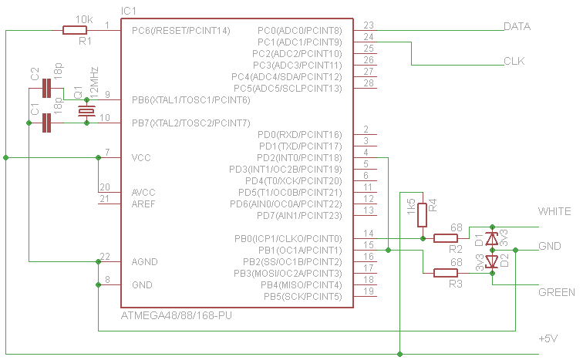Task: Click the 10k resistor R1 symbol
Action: point(75,31)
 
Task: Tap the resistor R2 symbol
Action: point(446,238)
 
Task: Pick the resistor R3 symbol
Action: point(446,272)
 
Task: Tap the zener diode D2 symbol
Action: point(491,262)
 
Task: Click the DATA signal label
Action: point(517,26)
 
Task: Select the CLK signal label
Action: point(514,61)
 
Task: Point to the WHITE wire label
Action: point(554,211)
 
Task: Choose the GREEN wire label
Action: point(556,293)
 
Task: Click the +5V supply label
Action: point(553,338)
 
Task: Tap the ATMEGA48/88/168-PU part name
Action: point(177,316)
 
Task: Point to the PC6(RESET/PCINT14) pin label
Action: point(180,31)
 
